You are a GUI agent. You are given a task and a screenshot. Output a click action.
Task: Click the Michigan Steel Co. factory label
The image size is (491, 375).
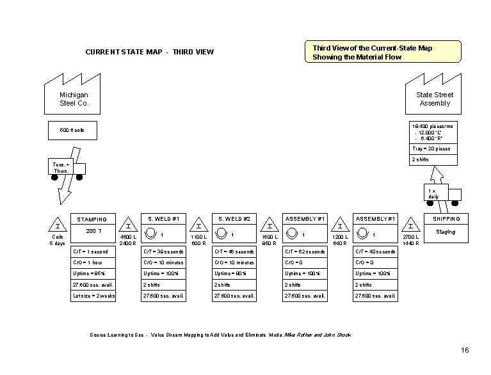click(74, 99)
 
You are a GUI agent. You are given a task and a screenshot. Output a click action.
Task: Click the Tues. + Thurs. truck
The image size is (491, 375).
click(67, 168)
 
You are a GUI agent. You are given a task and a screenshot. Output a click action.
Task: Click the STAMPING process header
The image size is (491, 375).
click(92, 219)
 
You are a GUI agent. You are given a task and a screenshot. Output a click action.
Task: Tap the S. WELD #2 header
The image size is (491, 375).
click(234, 219)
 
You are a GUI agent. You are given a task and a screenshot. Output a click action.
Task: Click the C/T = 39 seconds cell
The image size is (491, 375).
click(163, 251)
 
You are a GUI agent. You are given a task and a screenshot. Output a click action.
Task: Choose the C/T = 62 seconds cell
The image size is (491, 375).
click(305, 251)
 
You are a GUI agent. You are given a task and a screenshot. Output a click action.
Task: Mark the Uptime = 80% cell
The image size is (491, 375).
click(234, 273)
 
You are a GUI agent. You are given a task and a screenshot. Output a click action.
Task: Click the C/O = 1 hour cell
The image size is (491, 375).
click(92, 262)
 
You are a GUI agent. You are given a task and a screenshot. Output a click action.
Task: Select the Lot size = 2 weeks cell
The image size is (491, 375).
click(92, 296)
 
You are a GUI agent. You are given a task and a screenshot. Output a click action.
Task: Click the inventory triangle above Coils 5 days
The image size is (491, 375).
click(58, 226)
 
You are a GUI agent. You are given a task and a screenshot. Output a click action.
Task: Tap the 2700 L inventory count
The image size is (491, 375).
click(410, 237)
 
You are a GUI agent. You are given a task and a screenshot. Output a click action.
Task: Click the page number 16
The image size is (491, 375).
click(465, 349)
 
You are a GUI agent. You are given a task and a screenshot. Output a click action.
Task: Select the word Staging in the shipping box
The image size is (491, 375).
click(446, 232)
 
